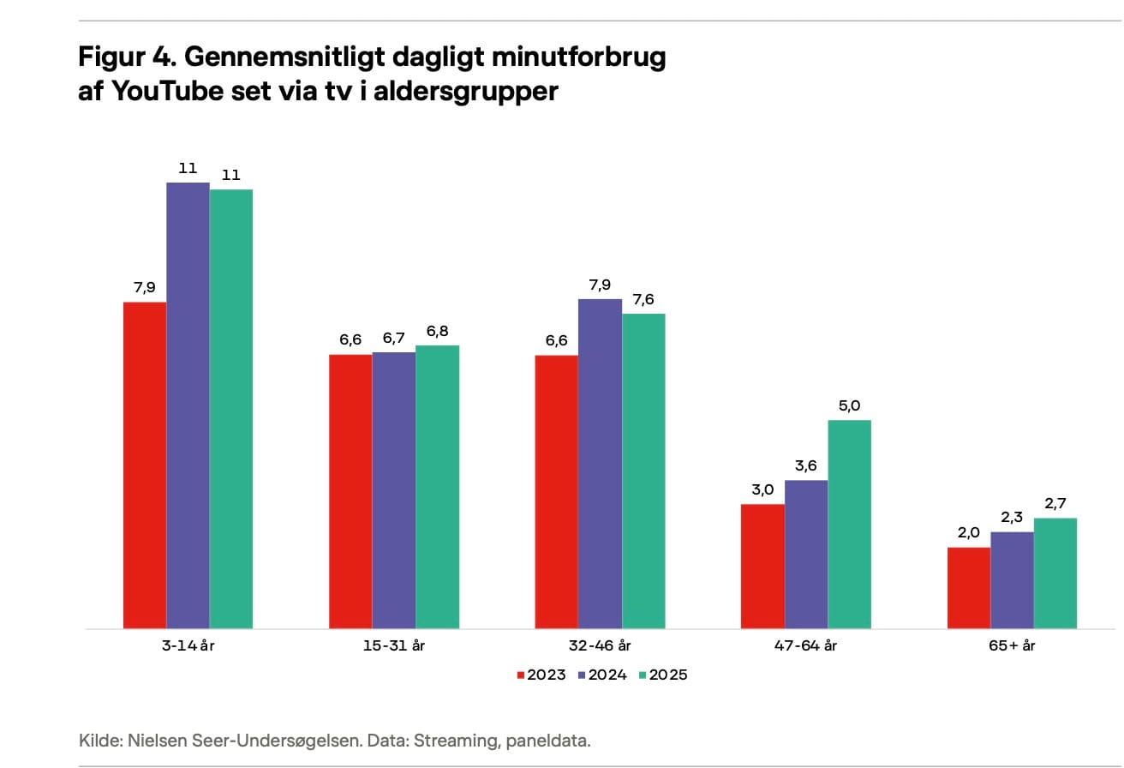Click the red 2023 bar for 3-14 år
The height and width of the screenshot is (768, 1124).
(145, 465)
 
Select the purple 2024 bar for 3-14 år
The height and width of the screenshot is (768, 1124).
(188, 405)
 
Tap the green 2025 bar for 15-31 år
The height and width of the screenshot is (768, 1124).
(438, 487)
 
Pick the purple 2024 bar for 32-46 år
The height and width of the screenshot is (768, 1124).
(600, 464)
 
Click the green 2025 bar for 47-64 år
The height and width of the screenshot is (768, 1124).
(849, 524)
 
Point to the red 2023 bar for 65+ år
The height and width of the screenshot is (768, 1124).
(969, 587)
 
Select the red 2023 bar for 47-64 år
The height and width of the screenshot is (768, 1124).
(762, 566)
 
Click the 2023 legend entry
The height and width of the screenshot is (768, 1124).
(540, 675)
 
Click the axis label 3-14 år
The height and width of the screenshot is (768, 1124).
(188, 645)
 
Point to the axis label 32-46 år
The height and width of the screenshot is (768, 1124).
(600, 645)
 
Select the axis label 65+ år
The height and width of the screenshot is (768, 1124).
(1012, 645)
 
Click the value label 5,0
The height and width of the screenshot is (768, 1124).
(849, 405)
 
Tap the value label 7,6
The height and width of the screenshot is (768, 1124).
(643, 299)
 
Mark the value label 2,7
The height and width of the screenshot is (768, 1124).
(1055, 503)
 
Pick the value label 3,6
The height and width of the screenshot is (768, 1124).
(806, 465)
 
